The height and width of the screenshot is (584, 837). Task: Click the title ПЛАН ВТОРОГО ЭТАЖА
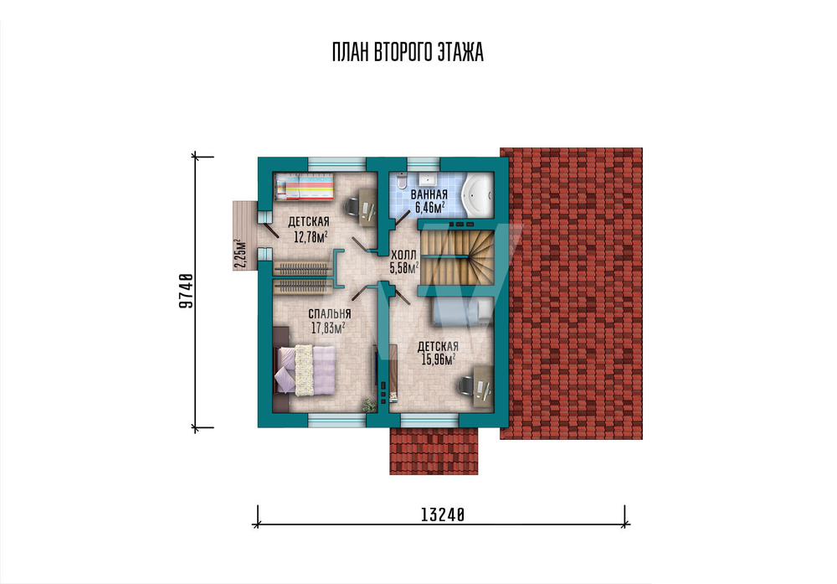pos(408,52)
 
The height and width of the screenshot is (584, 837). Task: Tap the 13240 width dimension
pos(443,514)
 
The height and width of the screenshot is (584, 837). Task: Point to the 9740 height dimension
pos(186,292)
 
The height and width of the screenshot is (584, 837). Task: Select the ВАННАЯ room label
pos(429,195)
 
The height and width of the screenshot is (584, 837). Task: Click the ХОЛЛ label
pos(403,256)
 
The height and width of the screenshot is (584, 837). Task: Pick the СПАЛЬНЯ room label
pos(329,313)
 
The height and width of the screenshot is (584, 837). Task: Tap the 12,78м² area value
pos(311,236)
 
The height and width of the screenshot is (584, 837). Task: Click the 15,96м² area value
pos(439,359)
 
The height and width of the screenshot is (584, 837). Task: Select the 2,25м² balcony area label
pos(241,253)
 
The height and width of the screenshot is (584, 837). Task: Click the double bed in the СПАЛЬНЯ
pos(305,370)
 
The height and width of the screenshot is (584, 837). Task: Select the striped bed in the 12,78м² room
pos(305,188)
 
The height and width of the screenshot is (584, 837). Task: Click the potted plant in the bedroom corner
pos(369,405)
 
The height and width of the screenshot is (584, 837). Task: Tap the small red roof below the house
pos(434,451)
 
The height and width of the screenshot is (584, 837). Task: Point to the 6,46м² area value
pos(429,207)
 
